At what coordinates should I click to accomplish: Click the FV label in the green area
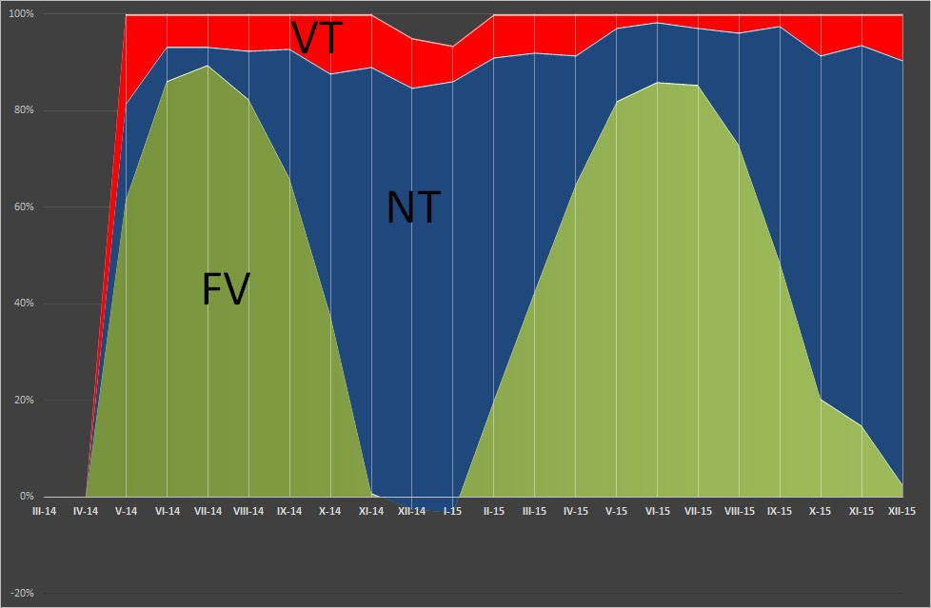point(226,289)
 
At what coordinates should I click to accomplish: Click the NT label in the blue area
point(413,207)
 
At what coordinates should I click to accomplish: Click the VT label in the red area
point(317,39)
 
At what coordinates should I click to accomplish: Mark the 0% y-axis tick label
point(26,497)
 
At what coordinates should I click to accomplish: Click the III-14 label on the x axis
point(45,511)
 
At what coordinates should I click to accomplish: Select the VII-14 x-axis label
point(208,511)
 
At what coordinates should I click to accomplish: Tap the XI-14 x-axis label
point(371,511)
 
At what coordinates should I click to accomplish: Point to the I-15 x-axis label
point(453,511)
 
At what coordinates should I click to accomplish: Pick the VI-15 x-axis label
point(657,511)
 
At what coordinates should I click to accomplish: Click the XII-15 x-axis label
point(901,511)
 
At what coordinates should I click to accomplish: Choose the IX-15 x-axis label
point(780,511)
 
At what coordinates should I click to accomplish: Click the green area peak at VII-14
point(208,66)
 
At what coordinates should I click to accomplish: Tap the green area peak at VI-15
point(657,83)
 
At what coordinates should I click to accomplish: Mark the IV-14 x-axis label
point(86,511)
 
